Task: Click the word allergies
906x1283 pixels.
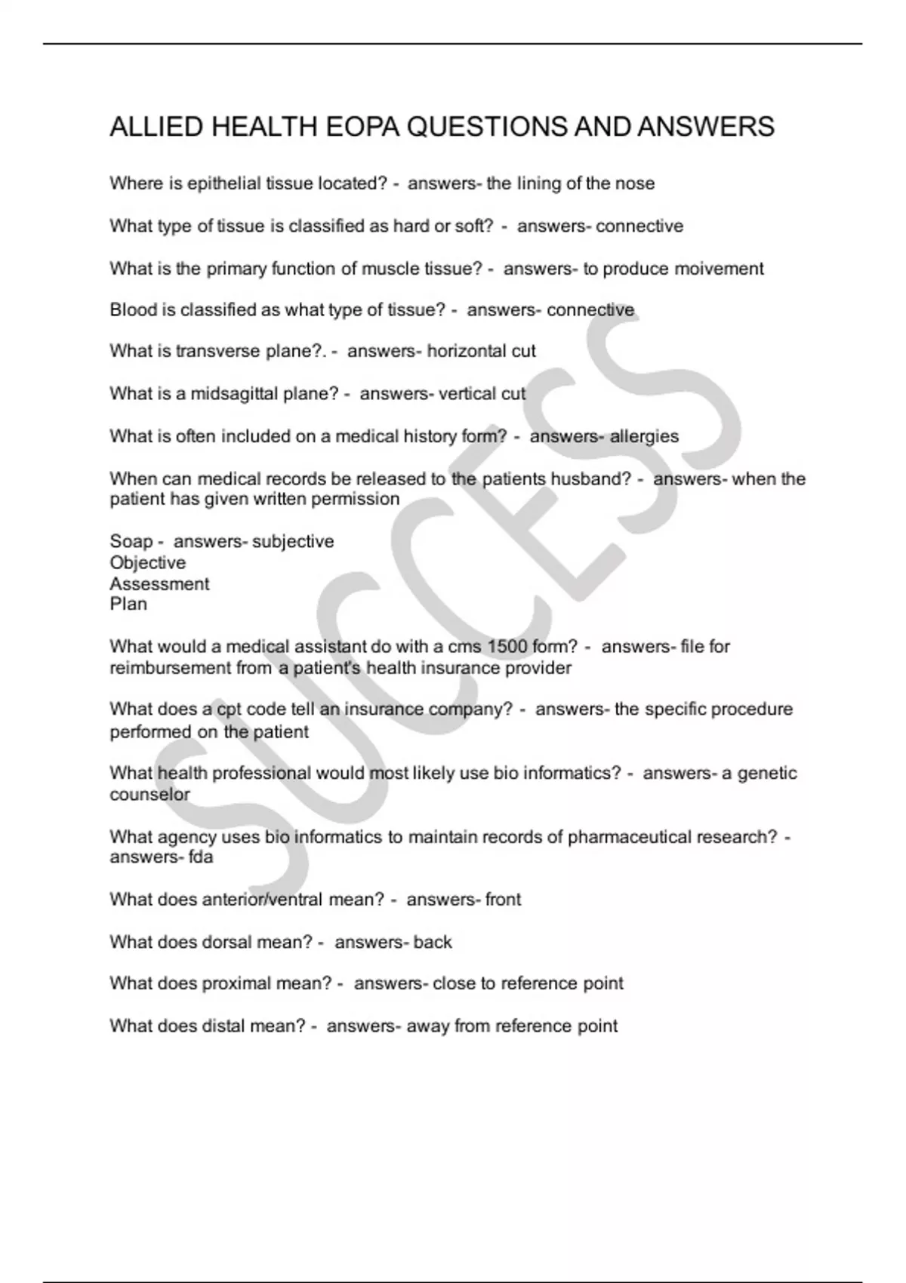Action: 644,436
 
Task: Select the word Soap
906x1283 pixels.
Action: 131,542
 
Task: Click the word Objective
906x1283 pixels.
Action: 147,563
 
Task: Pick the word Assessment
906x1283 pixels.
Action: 159,584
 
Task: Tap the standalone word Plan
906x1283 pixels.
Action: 128,604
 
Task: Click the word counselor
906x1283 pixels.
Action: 149,795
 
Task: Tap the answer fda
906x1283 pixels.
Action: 201,857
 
